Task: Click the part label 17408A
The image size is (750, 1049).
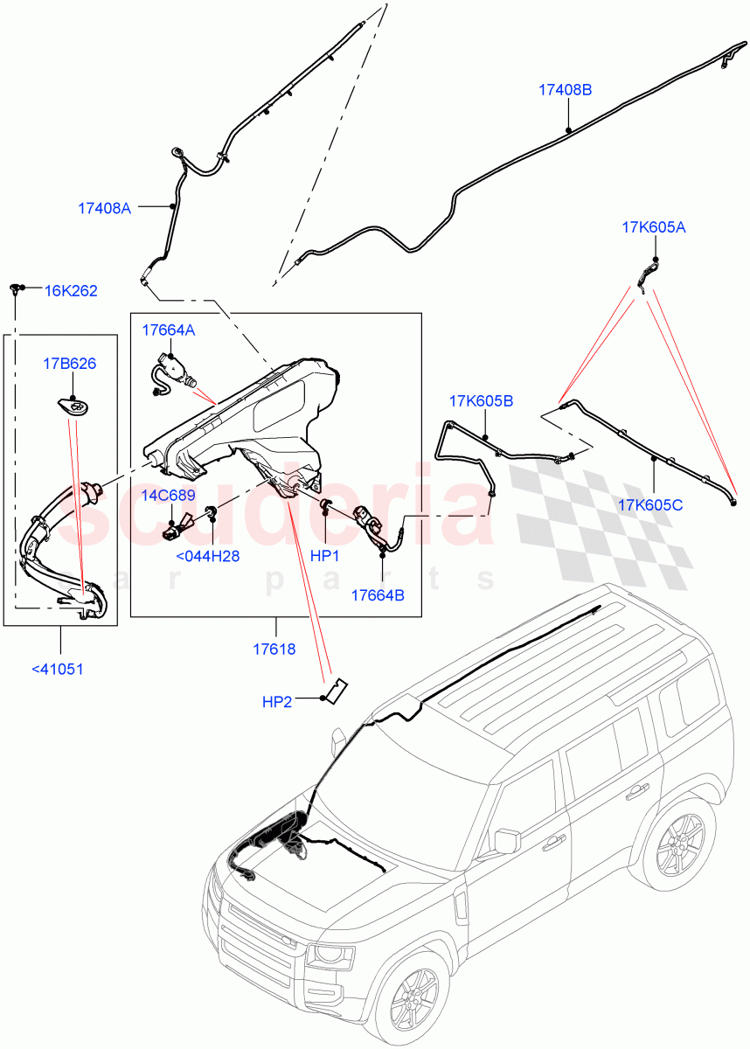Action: pos(104,208)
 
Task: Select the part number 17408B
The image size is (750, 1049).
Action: pos(565,89)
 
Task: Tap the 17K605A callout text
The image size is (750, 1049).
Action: pos(653,227)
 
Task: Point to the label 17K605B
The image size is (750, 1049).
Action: pos(481,401)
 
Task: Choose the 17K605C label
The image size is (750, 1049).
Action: pos(650,504)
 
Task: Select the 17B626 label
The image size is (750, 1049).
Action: pos(70,364)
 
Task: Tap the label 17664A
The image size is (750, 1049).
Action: pos(169,330)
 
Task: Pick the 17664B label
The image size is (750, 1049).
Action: pos(378,594)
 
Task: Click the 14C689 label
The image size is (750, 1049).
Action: pos(168,496)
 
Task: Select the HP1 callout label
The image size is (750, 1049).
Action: pos(324,556)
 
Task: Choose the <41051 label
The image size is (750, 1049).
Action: pos(59,670)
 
